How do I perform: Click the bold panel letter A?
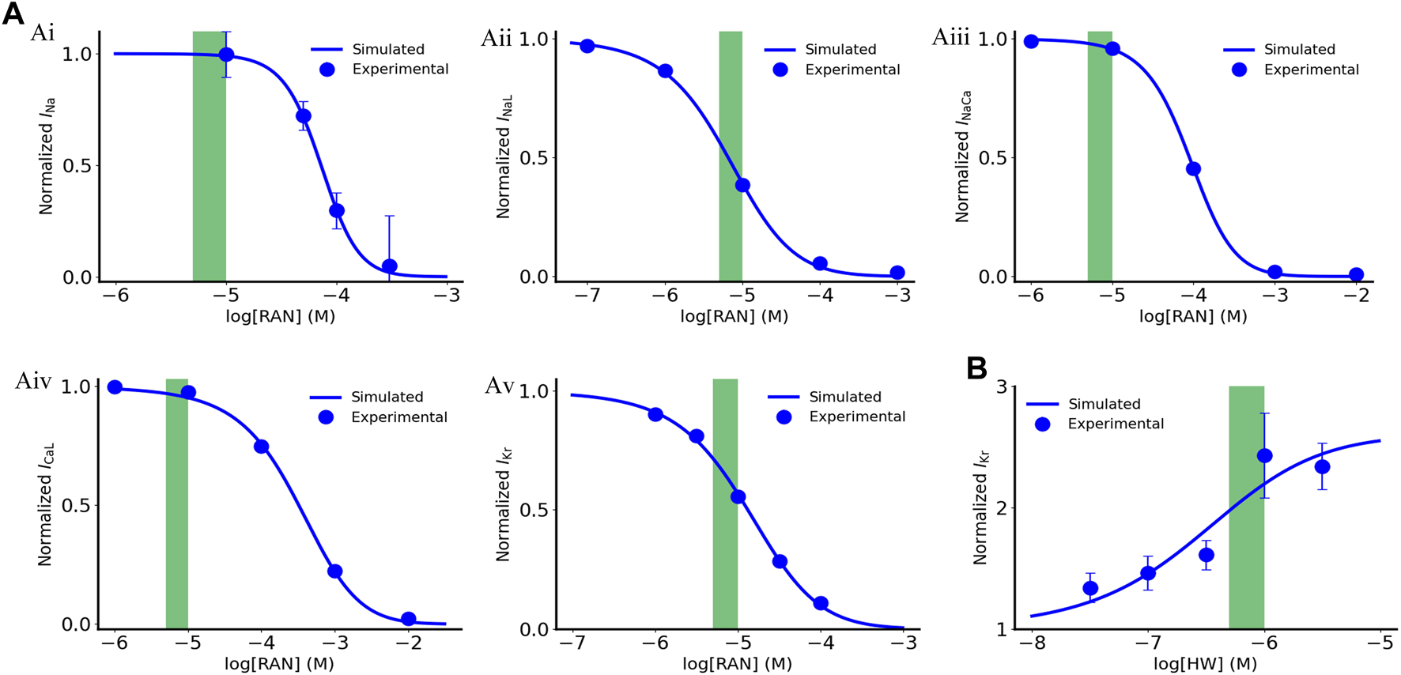click(13, 13)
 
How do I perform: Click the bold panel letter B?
click(977, 368)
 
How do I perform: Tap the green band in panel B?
click(1246, 506)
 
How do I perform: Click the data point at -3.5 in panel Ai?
click(389, 266)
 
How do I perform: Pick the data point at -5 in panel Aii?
click(742, 186)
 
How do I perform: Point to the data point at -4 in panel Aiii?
click(1193, 169)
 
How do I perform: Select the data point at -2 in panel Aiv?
click(408, 619)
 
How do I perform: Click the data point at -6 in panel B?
click(1264, 456)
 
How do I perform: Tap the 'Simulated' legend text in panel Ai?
click(388, 49)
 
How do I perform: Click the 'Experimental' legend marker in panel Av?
click(784, 417)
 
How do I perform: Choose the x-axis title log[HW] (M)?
click(1205, 664)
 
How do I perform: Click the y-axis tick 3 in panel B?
click(1002, 387)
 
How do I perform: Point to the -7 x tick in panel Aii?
click(587, 296)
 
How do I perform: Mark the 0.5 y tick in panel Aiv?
click(76, 506)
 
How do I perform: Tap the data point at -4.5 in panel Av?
click(780, 562)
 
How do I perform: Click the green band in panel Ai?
click(210, 154)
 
